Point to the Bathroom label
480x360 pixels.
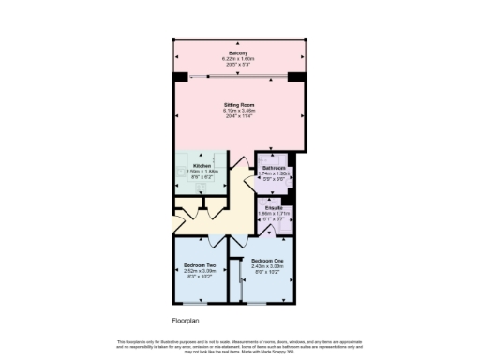[x=274, y=169]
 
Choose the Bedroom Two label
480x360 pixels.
[x=199, y=265]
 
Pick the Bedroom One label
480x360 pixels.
[x=268, y=260]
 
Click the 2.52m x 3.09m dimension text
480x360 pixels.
[x=199, y=271]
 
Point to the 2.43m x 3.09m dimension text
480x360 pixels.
[x=268, y=265]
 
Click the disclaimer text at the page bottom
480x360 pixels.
[x=239, y=345]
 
